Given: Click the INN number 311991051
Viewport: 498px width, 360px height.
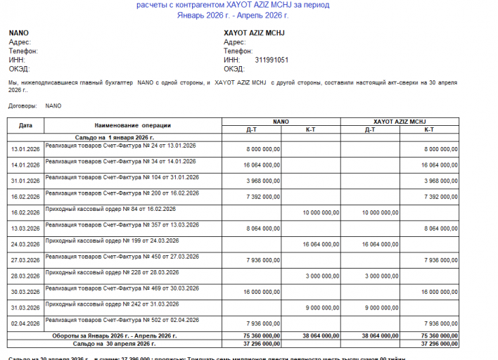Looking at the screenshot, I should click(272, 60).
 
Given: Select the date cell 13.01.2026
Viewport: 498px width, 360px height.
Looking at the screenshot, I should click(25, 149).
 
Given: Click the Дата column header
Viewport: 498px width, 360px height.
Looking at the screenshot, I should click(25, 125).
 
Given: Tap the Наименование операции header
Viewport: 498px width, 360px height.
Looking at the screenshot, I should click(133, 125).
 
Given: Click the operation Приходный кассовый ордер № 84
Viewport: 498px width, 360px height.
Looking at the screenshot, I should click(110, 209).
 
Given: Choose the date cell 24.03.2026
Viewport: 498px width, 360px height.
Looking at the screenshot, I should click(25, 244).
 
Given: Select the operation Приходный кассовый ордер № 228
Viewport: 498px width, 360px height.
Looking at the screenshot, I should click(112, 272).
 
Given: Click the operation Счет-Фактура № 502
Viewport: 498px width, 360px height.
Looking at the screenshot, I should click(120, 320).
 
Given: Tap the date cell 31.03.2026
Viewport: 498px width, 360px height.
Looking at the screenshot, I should click(25, 307).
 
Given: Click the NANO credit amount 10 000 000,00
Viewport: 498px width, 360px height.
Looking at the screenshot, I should click(321, 212).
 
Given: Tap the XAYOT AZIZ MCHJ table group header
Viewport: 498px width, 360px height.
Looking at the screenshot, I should click(400, 121).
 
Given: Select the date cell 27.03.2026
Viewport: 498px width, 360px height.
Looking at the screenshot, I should click(25, 260).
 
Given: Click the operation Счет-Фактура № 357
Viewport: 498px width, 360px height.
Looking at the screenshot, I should click(120, 224).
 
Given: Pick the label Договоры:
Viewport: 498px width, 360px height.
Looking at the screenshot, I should click(23, 106).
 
